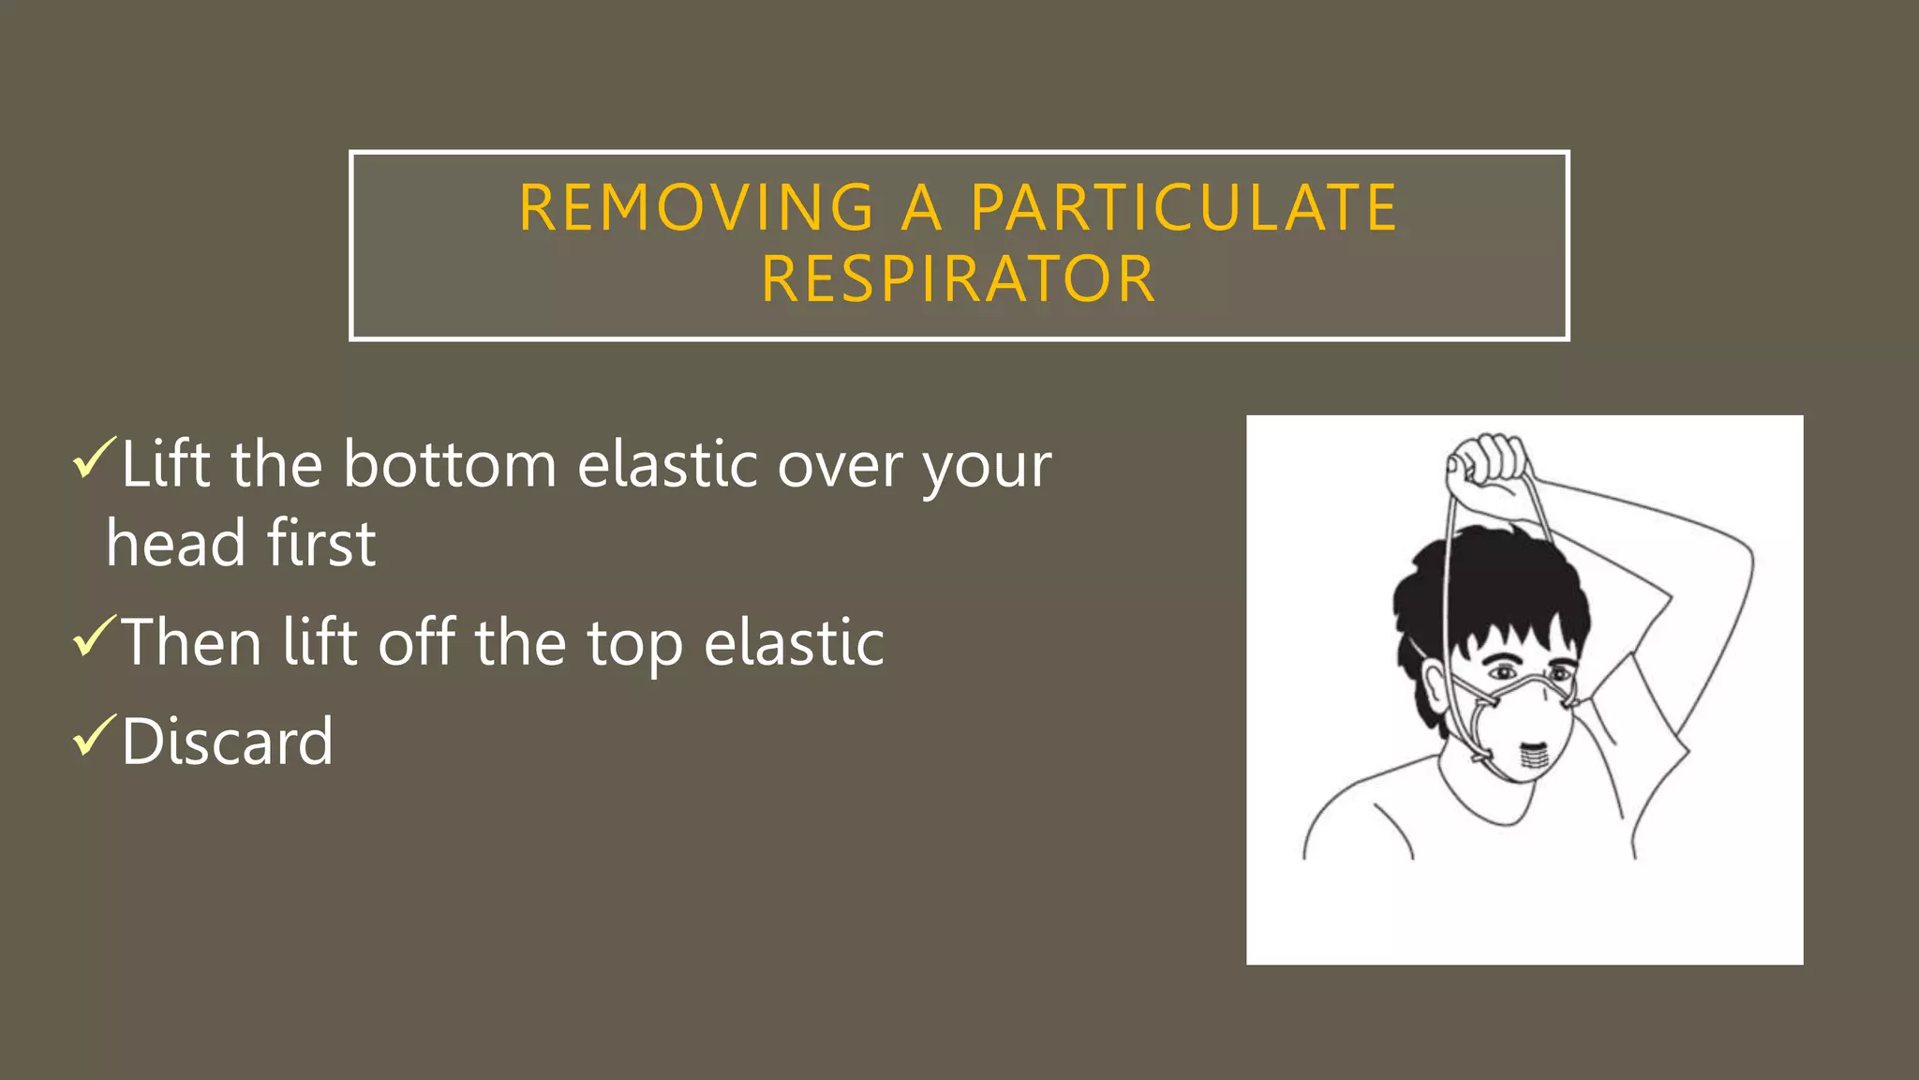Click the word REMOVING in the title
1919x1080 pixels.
697,207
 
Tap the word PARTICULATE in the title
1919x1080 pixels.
1183,207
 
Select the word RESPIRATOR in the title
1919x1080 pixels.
959,279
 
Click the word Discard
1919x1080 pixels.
227,742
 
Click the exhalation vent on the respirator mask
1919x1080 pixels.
1533,756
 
